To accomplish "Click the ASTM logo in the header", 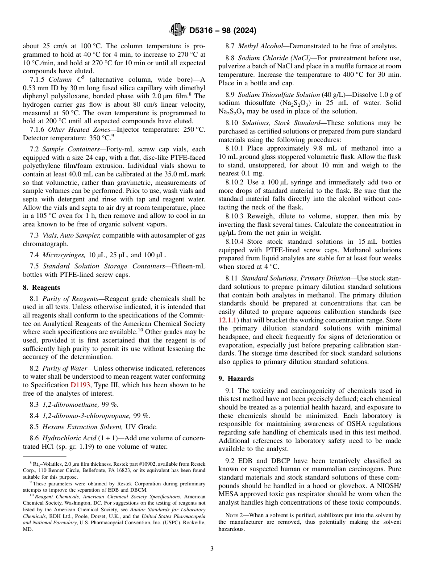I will (x=178, y=31).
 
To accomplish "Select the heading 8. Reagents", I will (x=41, y=288).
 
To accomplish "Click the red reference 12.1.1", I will (x=228, y=320).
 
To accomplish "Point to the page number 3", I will (x=212, y=549).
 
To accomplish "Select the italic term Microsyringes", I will (x=62, y=255).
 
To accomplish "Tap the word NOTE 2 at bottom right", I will (x=237, y=515).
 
